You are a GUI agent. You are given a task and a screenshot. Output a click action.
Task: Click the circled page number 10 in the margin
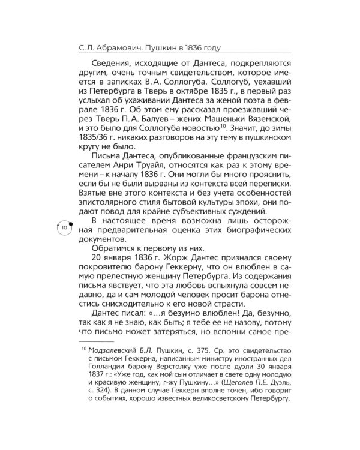pyautogui.click(x=65, y=229)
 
